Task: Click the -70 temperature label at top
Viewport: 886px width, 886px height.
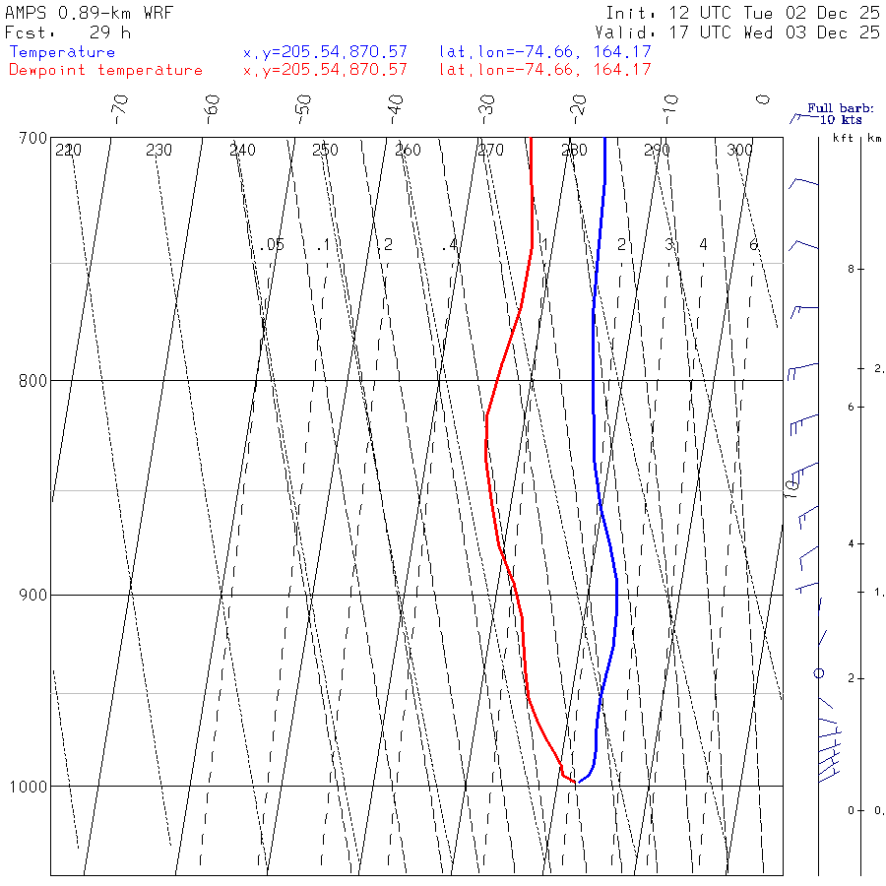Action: tap(120, 104)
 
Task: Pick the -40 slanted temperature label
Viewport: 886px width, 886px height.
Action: tap(396, 104)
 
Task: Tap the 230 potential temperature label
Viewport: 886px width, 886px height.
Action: tap(158, 151)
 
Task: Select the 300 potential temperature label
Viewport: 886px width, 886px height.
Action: tap(739, 151)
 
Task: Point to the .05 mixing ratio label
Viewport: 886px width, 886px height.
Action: tap(273, 244)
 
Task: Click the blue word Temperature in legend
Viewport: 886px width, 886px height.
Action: tap(62, 52)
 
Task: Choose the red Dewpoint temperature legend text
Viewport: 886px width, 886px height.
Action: tap(105, 70)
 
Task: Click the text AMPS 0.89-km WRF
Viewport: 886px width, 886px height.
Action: tap(89, 13)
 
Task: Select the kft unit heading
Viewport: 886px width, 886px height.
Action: tap(843, 139)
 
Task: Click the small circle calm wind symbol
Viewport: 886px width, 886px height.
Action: tap(818, 673)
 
